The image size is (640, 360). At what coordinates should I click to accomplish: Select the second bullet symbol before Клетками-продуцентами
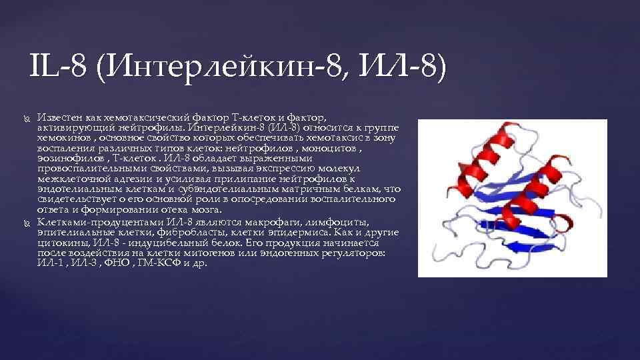tap(25, 222)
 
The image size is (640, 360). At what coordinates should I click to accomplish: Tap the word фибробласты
tap(193, 232)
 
